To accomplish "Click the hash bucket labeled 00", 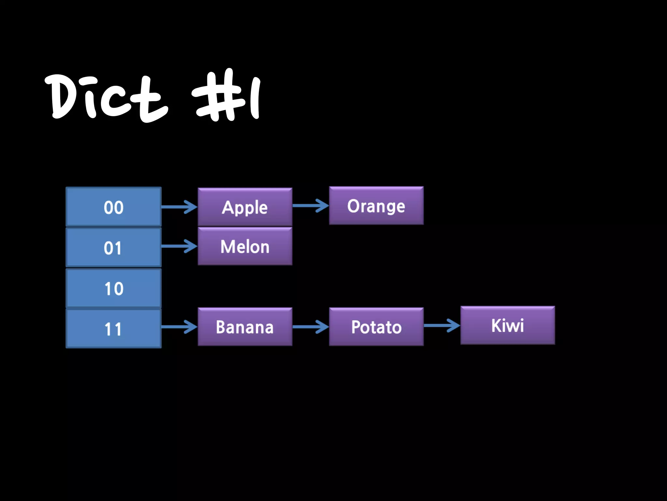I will pyautogui.click(x=113, y=207).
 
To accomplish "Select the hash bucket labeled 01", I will pyautogui.click(x=113, y=247).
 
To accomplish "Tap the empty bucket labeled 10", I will pyautogui.click(x=113, y=288).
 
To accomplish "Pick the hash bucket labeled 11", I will pyautogui.click(x=113, y=328).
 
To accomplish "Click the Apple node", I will pyautogui.click(x=245, y=207).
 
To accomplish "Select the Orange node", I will pyautogui.click(x=376, y=205).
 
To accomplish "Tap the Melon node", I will pyautogui.click(x=245, y=246).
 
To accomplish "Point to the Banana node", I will pyautogui.click(x=245, y=326).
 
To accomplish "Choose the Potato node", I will pyautogui.click(x=376, y=326).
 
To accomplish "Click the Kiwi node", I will pyautogui.click(x=507, y=325).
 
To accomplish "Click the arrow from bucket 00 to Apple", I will pyautogui.click(x=179, y=207).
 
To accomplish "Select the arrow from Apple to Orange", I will pyautogui.click(x=311, y=205).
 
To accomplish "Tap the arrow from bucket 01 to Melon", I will pyautogui.click(x=179, y=246).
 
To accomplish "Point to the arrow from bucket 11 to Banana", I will pyautogui.click(x=179, y=326).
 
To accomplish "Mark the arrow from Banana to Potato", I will pyautogui.click(x=311, y=326).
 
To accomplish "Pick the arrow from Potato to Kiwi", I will pyautogui.click(x=442, y=325).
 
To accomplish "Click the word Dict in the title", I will pyautogui.click(x=106, y=96).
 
